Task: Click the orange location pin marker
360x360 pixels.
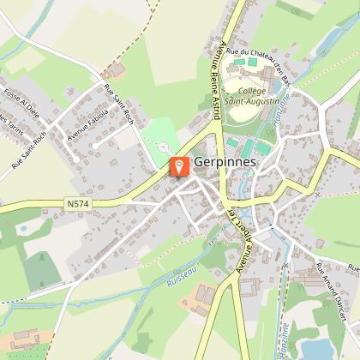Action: tap(179, 166)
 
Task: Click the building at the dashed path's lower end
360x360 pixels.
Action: tap(117, 68)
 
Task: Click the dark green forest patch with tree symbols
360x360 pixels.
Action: tap(39, 271)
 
